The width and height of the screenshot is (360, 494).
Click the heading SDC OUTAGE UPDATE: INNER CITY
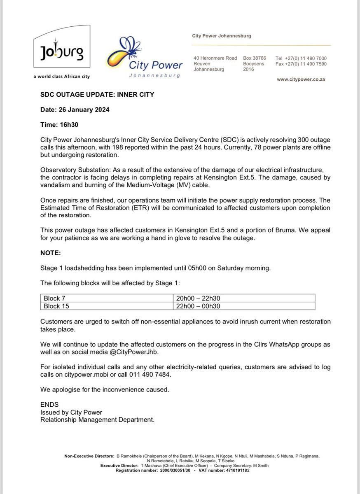pyautogui.click(x=97, y=95)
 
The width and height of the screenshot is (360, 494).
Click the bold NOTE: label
pyautogui.click(x=50, y=253)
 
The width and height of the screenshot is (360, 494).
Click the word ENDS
pyautogui.click(x=49, y=405)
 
